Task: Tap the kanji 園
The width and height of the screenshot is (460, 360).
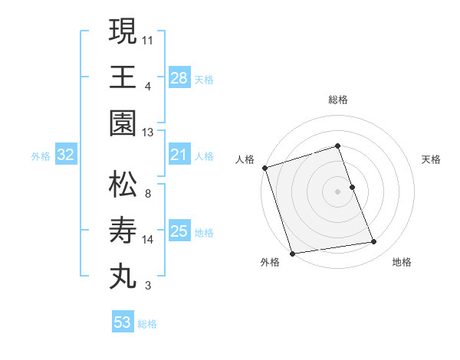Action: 123,123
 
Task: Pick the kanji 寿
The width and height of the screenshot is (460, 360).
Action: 123,231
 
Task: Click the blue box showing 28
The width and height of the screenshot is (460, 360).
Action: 179,77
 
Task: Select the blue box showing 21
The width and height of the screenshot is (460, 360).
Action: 179,155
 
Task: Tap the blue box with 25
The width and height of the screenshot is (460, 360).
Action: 179,231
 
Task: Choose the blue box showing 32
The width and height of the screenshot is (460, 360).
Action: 66,155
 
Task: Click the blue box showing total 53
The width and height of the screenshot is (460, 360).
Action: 122,322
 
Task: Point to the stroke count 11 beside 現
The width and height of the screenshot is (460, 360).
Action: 148,38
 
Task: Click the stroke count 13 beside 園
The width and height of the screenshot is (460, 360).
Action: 148,133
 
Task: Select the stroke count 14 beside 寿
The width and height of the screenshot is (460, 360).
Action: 148,240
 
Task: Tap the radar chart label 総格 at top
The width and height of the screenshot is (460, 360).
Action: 338,100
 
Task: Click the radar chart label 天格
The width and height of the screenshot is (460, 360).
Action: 431,159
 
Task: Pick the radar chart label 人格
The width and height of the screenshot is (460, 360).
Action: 245,159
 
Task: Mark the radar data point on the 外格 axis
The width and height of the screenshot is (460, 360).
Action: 292,253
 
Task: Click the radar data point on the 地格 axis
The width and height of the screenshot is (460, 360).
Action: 373,242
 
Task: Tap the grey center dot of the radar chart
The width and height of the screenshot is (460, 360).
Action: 338,191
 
